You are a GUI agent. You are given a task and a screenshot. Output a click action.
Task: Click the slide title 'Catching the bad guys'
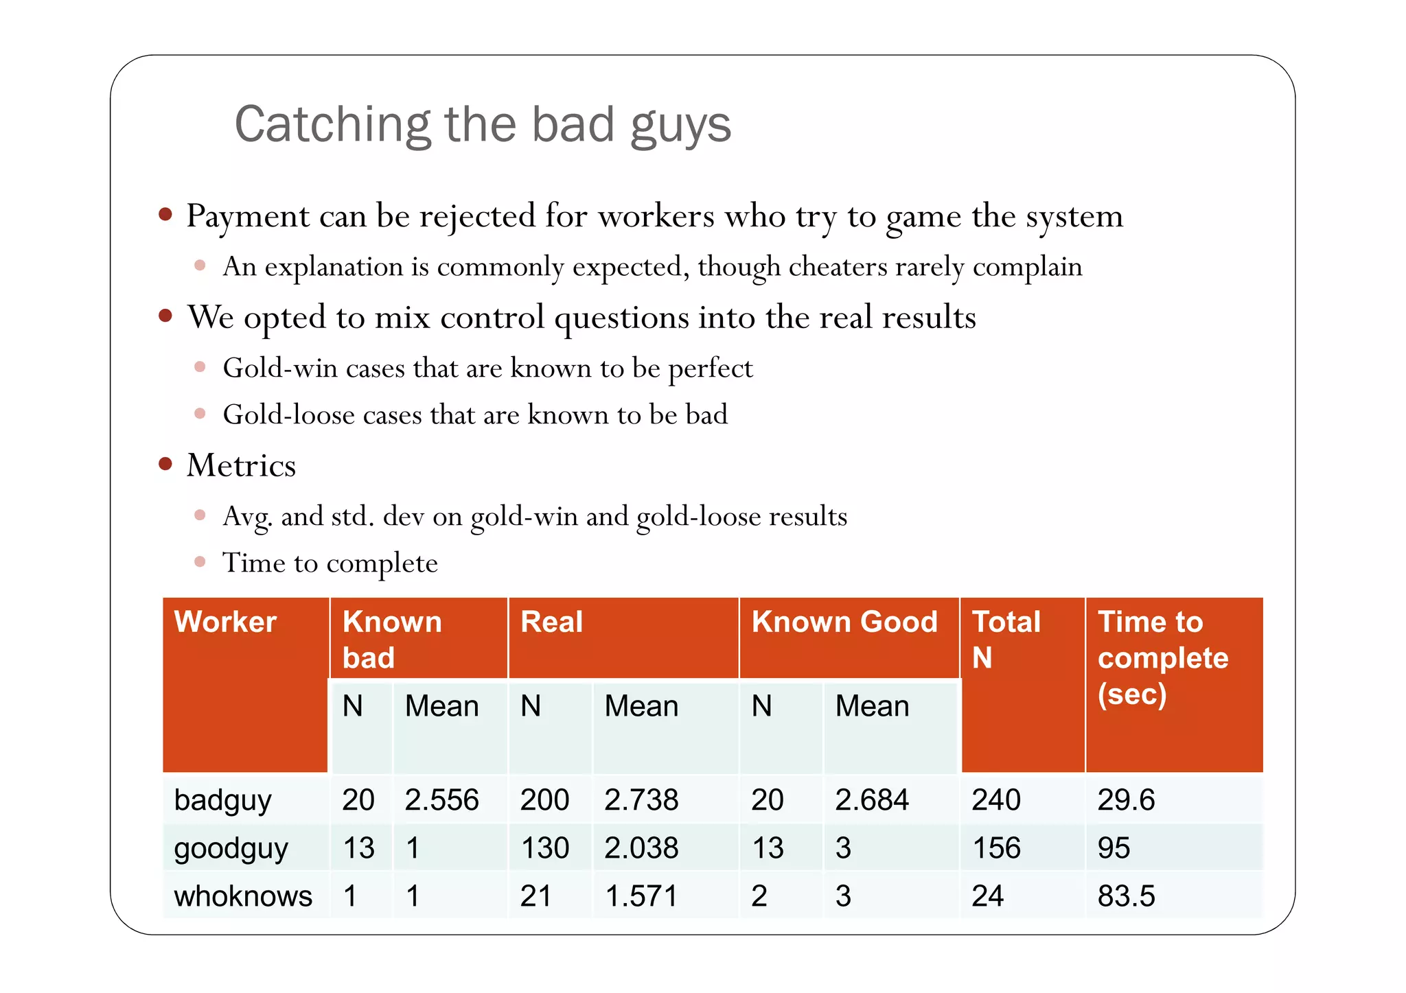[x=483, y=125]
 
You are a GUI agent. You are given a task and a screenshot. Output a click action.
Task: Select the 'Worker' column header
[x=225, y=622]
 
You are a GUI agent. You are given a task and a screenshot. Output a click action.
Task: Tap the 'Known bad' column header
[x=392, y=639]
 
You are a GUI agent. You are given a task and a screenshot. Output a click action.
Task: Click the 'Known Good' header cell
[x=844, y=622]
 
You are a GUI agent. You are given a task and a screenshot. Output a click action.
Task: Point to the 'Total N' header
[x=1006, y=639]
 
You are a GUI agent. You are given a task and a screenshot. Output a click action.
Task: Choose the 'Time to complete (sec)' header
[x=1163, y=657]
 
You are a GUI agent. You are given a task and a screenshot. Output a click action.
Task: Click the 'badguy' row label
[x=222, y=800]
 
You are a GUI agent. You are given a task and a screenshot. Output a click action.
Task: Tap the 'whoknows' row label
[x=243, y=896]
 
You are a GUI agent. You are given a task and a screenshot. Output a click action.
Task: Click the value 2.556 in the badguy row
[x=441, y=800]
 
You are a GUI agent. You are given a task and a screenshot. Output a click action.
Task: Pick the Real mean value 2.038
[x=641, y=848]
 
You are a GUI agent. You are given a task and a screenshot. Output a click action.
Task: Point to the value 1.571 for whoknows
[x=641, y=896]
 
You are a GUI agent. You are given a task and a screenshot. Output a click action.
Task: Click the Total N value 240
[x=996, y=800]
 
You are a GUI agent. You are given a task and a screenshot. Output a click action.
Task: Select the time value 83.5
[x=1126, y=896]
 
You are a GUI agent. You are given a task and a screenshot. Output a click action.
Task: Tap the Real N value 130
[x=545, y=848]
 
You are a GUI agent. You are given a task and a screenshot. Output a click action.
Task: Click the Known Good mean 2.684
[x=872, y=800]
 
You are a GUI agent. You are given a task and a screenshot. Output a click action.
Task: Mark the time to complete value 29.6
[x=1126, y=800]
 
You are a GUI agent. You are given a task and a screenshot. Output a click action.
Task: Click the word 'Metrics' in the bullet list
[x=241, y=465]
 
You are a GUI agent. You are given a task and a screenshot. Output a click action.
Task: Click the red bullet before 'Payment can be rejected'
[x=165, y=215]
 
